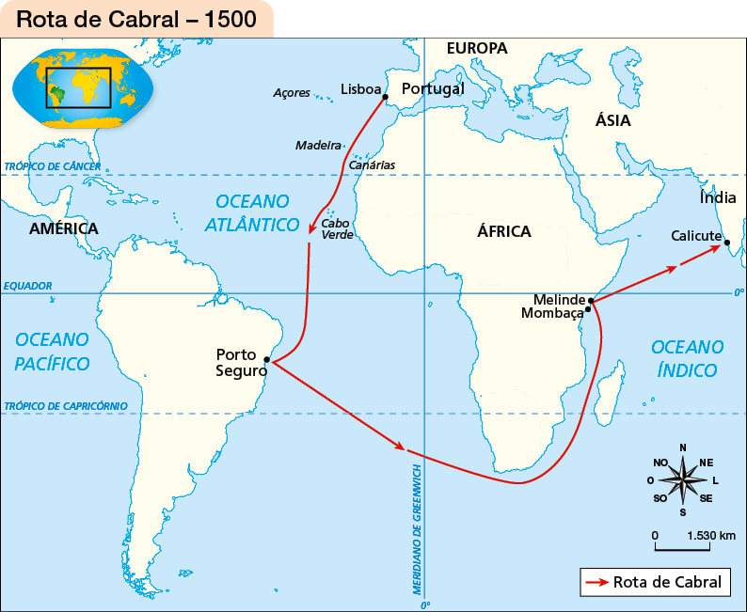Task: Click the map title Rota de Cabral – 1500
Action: click(x=136, y=19)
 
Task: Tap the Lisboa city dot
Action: click(x=386, y=96)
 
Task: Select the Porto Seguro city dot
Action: click(x=267, y=359)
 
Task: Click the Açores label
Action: click(x=291, y=92)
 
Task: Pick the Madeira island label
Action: click(x=318, y=146)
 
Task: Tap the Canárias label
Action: click(x=372, y=165)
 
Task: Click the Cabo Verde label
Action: click(x=337, y=229)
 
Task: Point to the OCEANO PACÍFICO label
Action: click(x=53, y=351)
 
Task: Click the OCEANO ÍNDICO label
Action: click(x=687, y=358)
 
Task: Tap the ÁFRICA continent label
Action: click(x=503, y=231)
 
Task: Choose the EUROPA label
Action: click(x=477, y=48)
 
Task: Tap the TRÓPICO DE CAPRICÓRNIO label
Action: click(x=65, y=406)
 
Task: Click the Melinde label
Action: click(x=559, y=299)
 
